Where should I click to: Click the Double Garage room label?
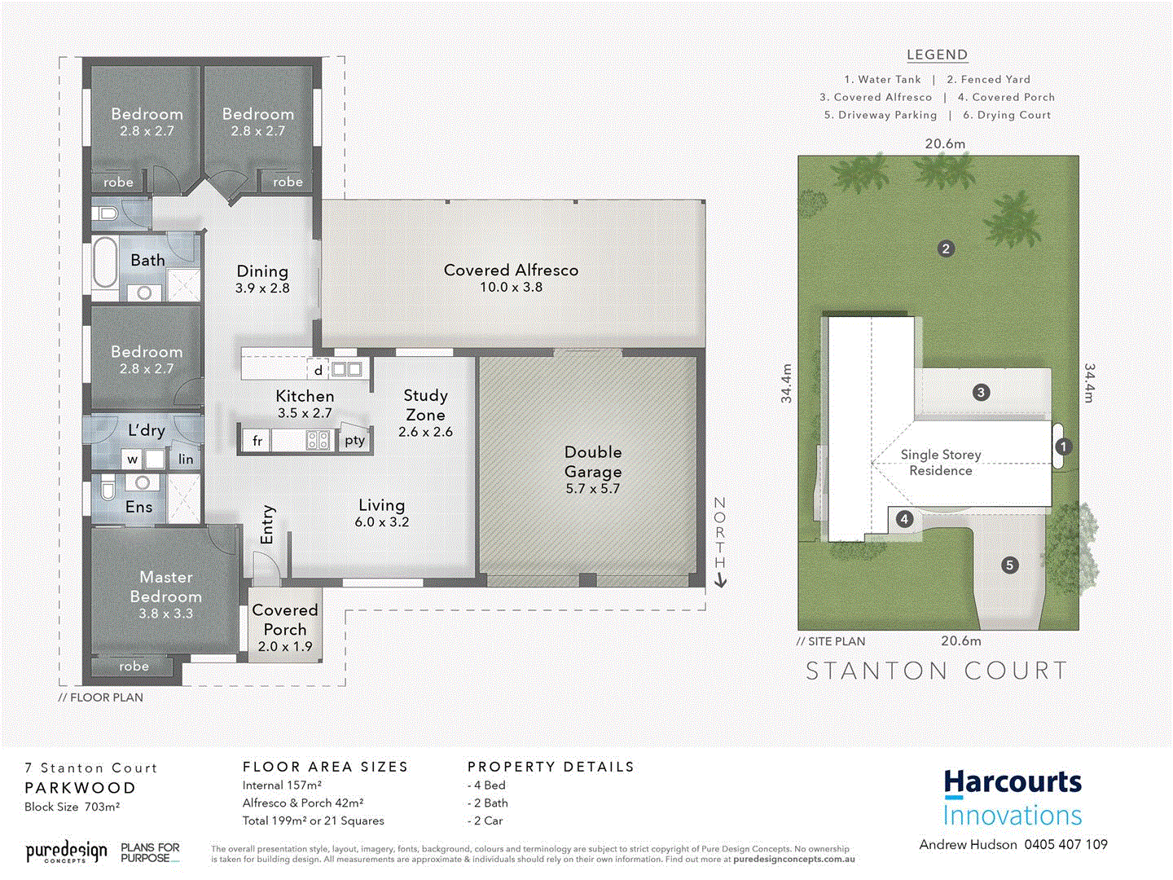pyautogui.click(x=593, y=462)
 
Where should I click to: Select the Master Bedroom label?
pyautogui.click(x=166, y=587)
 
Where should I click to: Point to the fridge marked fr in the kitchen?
pyautogui.click(x=257, y=441)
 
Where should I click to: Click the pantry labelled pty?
pyautogui.click(x=354, y=440)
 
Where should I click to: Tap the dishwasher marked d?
pyautogui.click(x=318, y=370)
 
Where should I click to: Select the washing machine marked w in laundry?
pyautogui.click(x=132, y=460)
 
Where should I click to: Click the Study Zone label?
pyautogui.click(x=425, y=405)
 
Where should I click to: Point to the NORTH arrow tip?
pyautogui.click(x=720, y=583)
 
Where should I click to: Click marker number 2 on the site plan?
pyautogui.click(x=946, y=249)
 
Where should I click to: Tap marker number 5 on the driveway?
pyautogui.click(x=1009, y=565)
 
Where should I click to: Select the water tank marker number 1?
pyautogui.click(x=1062, y=447)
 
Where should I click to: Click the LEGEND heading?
pyautogui.click(x=937, y=55)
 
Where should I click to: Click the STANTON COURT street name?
pyautogui.click(x=937, y=671)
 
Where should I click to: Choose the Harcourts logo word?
pyautogui.click(x=1013, y=783)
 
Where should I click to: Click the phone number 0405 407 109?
pyautogui.click(x=1065, y=844)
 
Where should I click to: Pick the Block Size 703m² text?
pyautogui.click(x=72, y=807)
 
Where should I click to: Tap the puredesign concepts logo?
pyautogui.click(x=66, y=852)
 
